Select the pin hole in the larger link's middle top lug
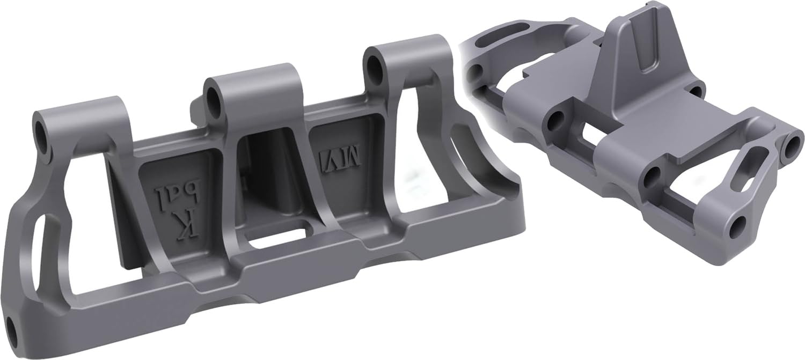tap(214, 100)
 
